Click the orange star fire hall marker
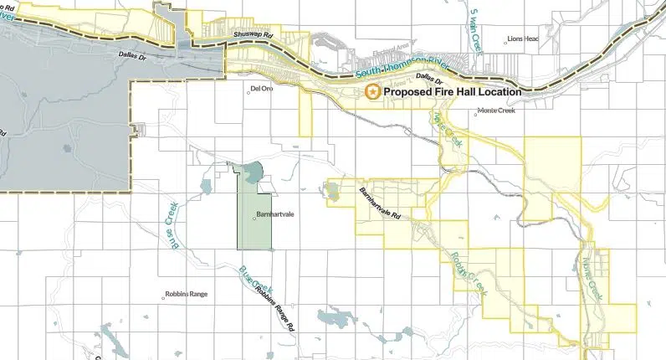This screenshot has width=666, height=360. tap(371, 91)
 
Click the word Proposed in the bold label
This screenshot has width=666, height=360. tap(411, 91)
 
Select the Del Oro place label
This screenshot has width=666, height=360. tap(262, 88)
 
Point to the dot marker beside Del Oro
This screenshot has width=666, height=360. tap(246, 88)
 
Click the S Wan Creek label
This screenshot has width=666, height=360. tap(474, 32)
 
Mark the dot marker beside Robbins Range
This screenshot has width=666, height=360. tap(165, 295)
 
